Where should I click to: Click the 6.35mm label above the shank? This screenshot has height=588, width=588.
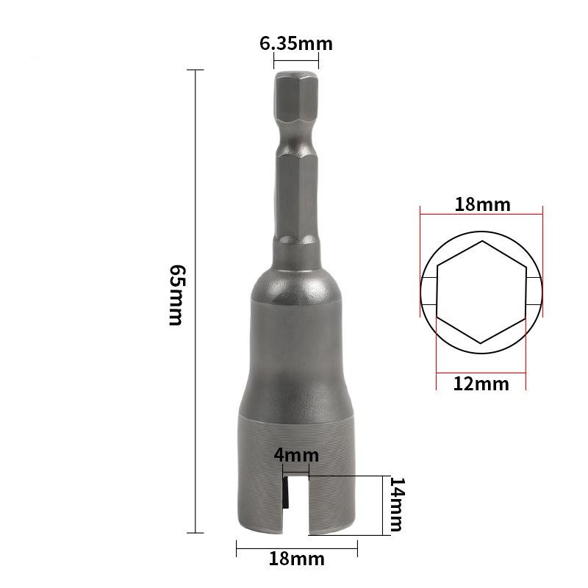point(295,43)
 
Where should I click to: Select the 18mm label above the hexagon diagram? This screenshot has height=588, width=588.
point(481,204)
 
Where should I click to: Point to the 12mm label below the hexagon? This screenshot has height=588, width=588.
point(481,383)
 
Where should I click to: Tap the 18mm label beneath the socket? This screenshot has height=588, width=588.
point(296,559)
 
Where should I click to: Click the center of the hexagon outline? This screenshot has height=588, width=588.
point(481,292)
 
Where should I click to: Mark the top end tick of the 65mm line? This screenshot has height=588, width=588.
point(195,70)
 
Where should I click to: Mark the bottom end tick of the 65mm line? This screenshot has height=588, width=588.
point(195,532)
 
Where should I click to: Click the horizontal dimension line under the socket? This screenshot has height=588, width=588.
point(296,544)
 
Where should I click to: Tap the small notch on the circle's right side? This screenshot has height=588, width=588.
point(535,292)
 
